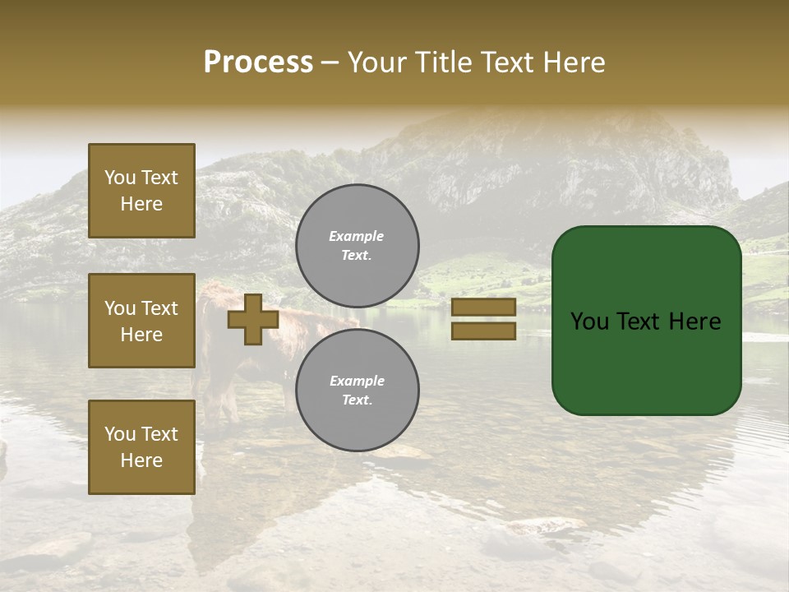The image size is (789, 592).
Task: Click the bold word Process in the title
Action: tap(258, 62)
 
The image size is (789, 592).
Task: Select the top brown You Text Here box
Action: tap(141, 191)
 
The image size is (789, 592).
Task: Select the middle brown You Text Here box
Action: tap(141, 321)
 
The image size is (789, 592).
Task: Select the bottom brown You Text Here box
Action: tap(141, 447)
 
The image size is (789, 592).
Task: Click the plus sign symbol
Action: tap(253, 319)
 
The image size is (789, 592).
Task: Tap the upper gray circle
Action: tap(357, 246)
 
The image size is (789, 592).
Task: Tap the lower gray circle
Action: tap(357, 391)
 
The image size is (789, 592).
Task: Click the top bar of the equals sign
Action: tap(483, 308)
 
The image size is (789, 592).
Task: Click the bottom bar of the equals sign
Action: tap(483, 331)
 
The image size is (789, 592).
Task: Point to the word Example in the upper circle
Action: tap(357, 236)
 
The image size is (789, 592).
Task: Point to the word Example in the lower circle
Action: tap(357, 381)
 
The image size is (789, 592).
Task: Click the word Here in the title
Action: tap(573, 62)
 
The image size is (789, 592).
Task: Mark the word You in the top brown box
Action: tap(120, 178)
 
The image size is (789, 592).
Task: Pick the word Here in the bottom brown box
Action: tap(141, 460)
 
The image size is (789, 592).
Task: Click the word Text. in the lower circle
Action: tap(357, 400)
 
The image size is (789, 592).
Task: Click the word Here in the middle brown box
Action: tap(141, 335)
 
